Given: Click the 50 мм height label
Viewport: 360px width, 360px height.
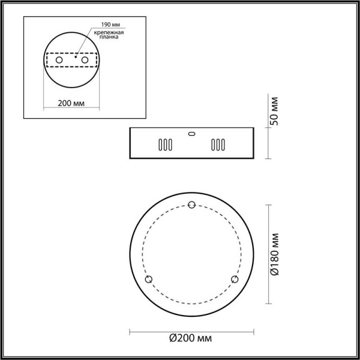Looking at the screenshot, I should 275,110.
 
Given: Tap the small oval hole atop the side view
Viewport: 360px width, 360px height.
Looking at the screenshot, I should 191,133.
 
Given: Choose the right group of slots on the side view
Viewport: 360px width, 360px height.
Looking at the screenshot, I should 217,145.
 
